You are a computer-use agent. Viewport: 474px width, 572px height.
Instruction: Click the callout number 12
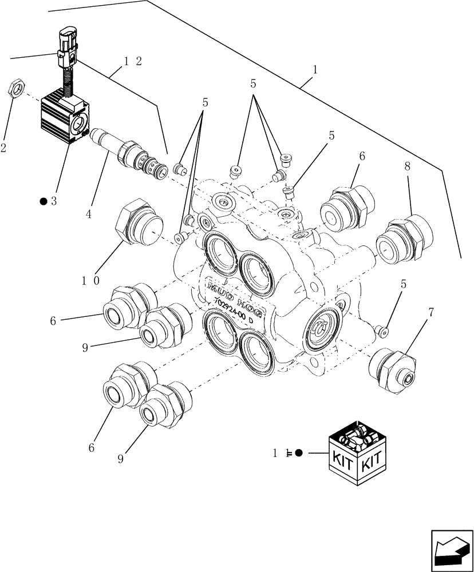click(131, 62)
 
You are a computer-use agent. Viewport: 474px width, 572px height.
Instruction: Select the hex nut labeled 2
click(17, 89)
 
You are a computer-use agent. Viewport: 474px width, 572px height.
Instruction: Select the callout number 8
click(407, 167)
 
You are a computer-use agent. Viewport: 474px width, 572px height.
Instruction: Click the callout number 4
click(89, 214)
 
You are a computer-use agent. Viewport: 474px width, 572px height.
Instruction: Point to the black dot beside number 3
click(43, 201)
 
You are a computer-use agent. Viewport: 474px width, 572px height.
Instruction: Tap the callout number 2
click(3, 149)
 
